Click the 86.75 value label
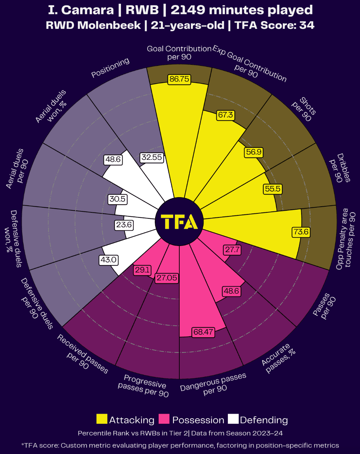pyautogui.click(x=179, y=79)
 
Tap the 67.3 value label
pyautogui.click(x=226, y=115)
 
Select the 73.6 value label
pyautogui.click(x=301, y=232)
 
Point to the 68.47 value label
pyautogui.click(x=203, y=332)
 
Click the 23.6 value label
pyautogui.click(x=124, y=225)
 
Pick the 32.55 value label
pyautogui.click(x=152, y=157)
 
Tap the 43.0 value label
pyautogui.click(x=108, y=260)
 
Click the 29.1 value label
pyautogui.click(x=142, y=270)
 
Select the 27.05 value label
pyautogui.click(x=167, y=278)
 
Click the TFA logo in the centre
pyautogui.click(x=179, y=222)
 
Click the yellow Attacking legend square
pyautogui.click(x=102, y=419)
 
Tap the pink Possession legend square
pyautogui.click(x=164, y=419)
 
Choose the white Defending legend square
pyautogui.click(x=233, y=419)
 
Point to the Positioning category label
pyautogui.click(x=110, y=68)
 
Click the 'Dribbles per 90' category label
pyautogui.click(x=340, y=168)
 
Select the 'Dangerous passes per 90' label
pyautogui.click(x=214, y=385)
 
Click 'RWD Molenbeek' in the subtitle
pyautogui.click(x=93, y=25)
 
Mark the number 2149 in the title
pyautogui.click(x=187, y=10)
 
